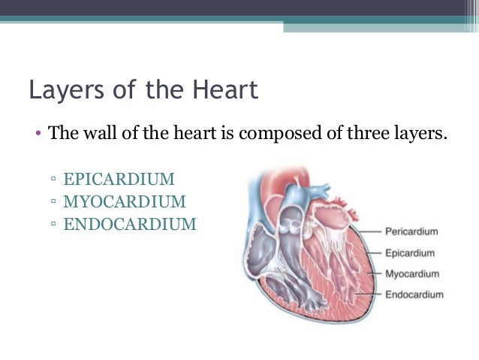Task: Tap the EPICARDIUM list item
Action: [x=119, y=180]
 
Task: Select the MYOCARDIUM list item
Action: [x=124, y=201]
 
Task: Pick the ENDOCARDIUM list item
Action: [x=130, y=224]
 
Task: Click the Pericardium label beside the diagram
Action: [x=411, y=231]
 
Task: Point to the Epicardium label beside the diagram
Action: [x=409, y=253]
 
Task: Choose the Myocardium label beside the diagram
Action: [x=411, y=274]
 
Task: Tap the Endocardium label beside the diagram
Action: [x=414, y=295]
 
